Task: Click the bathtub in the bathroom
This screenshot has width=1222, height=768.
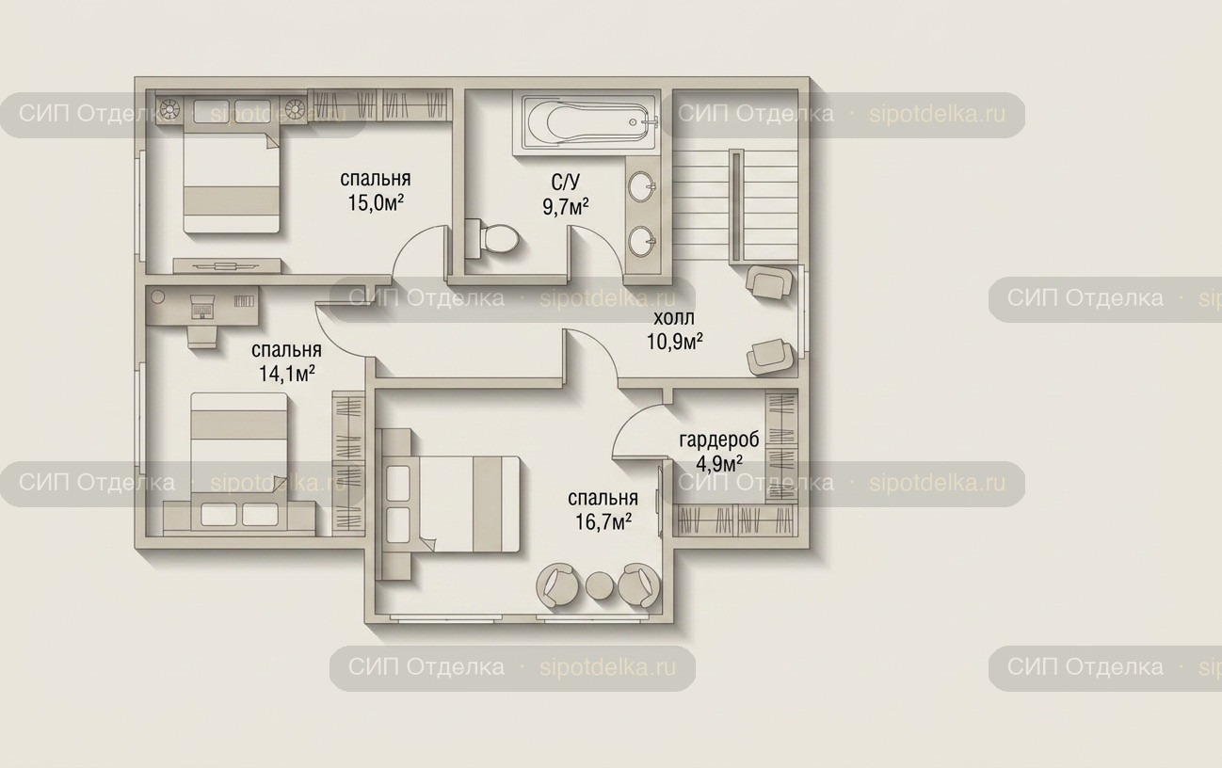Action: [x=587, y=122]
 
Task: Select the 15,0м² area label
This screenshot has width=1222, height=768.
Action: [x=376, y=203]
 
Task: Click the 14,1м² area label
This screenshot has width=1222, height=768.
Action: [x=287, y=374]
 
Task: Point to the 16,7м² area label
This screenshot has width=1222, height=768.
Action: [x=603, y=522]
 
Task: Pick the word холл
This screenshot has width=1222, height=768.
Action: [x=674, y=317]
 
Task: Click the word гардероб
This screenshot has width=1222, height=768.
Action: [x=719, y=440]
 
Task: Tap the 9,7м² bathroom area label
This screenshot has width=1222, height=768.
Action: [x=566, y=207]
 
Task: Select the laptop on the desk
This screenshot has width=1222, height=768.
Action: [x=201, y=306]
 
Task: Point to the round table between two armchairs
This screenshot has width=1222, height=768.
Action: [x=600, y=584]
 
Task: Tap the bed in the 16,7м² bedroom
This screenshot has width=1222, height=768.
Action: [x=469, y=504]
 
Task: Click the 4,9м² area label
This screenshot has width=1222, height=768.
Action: [x=719, y=464]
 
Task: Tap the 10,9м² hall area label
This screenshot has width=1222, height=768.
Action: [x=674, y=342]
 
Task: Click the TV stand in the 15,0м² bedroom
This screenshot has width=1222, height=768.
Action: [x=227, y=265]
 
